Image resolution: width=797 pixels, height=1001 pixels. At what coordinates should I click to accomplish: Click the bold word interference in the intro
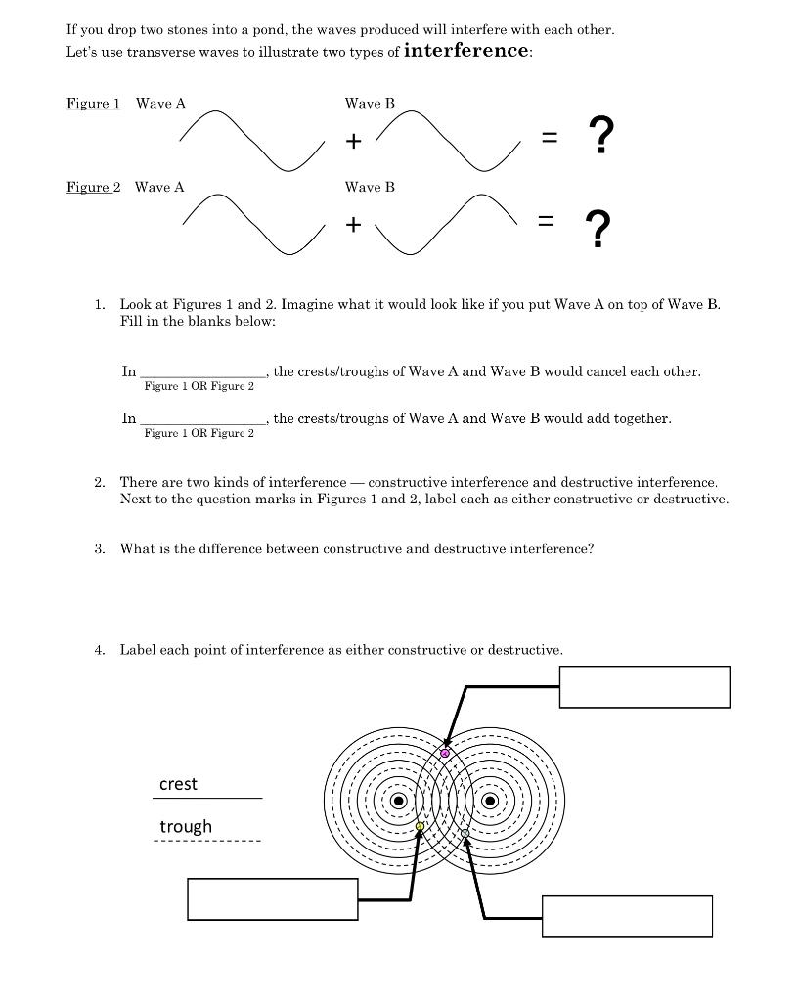click(466, 51)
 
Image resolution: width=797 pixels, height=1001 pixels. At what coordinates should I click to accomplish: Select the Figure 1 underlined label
click(93, 104)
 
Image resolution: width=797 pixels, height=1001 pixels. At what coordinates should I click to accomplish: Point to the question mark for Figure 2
click(599, 230)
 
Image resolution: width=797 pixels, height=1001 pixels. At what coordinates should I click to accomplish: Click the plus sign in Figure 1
click(353, 141)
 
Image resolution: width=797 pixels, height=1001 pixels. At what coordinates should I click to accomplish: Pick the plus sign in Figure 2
click(353, 225)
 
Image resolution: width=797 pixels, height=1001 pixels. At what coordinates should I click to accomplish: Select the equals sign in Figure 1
click(550, 141)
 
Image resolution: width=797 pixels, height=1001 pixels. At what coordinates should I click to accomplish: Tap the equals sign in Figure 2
click(549, 225)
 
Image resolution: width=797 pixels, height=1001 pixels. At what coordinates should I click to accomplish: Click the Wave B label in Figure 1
click(370, 103)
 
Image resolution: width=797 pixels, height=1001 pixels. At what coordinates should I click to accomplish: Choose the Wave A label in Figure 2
click(159, 187)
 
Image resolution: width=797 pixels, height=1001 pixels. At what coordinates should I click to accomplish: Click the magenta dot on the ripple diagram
click(445, 753)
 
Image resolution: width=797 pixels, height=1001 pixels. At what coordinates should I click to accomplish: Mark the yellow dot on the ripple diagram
click(421, 827)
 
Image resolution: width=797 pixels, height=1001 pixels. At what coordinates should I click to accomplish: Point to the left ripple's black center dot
click(398, 801)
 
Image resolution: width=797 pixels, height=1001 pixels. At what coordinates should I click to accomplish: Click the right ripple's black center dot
click(492, 801)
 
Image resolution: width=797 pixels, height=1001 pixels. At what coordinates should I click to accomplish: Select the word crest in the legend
click(178, 784)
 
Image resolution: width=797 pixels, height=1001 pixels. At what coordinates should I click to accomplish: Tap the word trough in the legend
click(186, 827)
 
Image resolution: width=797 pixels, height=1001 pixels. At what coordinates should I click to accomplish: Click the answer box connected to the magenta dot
click(644, 686)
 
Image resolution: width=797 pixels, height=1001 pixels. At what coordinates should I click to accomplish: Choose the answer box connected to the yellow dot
click(272, 899)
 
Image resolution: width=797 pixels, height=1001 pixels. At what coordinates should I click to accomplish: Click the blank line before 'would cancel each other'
click(202, 372)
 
